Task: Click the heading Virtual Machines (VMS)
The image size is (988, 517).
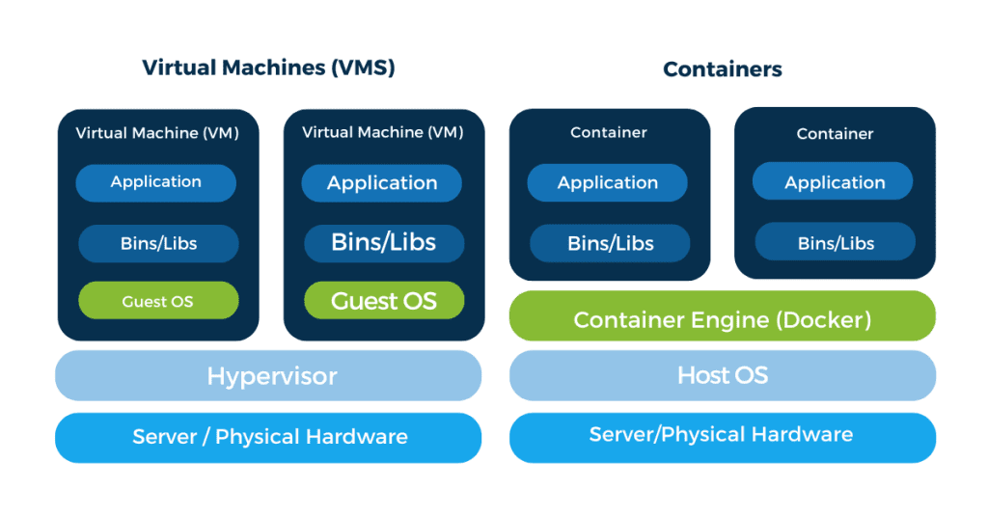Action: click(x=268, y=68)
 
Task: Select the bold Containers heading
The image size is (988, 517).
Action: click(x=723, y=69)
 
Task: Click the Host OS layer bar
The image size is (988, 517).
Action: click(x=723, y=375)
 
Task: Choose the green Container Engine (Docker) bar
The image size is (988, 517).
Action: click(x=723, y=319)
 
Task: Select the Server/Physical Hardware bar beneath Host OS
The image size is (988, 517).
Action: click(x=723, y=435)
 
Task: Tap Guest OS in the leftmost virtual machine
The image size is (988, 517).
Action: click(x=157, y=301)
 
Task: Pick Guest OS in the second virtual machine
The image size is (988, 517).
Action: click(x=384, y=301)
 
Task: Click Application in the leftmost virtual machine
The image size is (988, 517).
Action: click(x=156, y=182)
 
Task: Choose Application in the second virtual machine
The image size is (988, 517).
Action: click(x=382, y=183)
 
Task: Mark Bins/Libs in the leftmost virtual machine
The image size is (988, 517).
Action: click(x=157, y=243)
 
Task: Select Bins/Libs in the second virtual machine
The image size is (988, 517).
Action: click(x=384, y=243)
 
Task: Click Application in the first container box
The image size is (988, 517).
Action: click(x=608, y=183)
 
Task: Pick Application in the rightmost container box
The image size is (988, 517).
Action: click(x=835, y=183)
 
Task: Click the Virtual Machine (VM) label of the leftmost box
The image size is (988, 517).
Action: click(x=157, y=132)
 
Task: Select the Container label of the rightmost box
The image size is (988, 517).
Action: click(x=835, y=134)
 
